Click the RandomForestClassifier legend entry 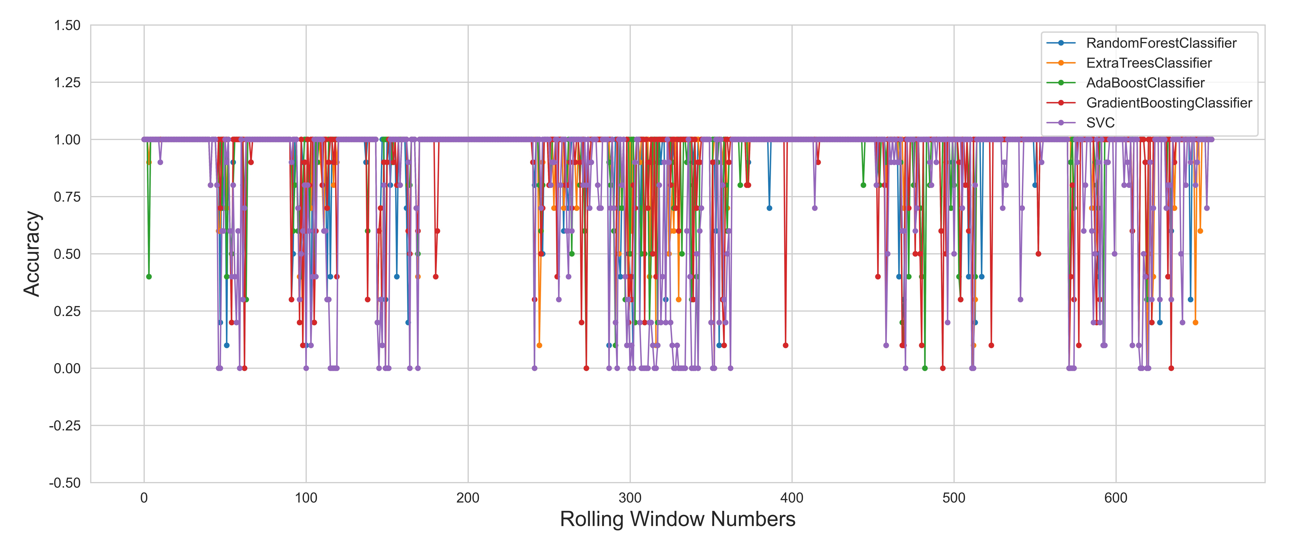(1161, 43)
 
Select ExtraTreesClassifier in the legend (1149, 63)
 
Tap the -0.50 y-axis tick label (65, 483)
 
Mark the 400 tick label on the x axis (792, 498)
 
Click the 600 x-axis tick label (1116, 498)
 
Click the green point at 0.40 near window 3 (149, 277)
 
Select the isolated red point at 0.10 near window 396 (785, 345)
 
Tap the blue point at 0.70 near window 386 (769, 208)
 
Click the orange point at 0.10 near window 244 (539, 345)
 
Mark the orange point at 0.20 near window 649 (1195, 323)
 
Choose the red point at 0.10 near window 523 (991, 345)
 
